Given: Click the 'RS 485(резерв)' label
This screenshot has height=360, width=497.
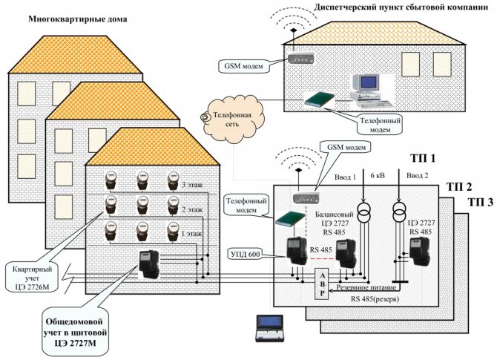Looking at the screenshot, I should coord(371,299).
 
